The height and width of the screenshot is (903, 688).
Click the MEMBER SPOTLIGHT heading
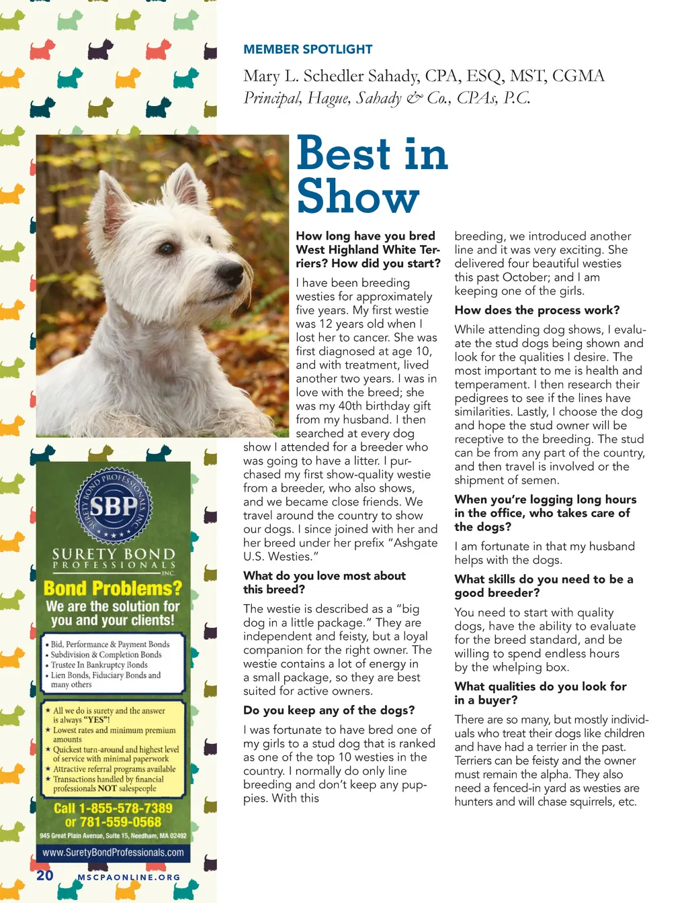308,49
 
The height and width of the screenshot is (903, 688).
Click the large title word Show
358,197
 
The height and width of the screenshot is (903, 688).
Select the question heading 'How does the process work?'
537,310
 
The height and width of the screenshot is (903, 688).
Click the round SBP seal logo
113,506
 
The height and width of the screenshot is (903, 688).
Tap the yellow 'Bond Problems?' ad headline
113,588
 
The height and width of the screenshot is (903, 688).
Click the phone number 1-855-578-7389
125,808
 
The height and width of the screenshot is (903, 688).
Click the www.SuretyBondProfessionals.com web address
113,853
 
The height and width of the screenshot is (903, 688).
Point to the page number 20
45,875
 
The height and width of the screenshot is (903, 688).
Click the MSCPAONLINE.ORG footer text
129,877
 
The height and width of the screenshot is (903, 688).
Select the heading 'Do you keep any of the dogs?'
329,710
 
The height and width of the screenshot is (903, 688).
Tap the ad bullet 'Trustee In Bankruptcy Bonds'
99,665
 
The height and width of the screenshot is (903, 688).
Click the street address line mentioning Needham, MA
113,836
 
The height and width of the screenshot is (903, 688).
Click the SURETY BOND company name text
113,554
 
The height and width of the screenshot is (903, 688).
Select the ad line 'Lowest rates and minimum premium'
114,730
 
